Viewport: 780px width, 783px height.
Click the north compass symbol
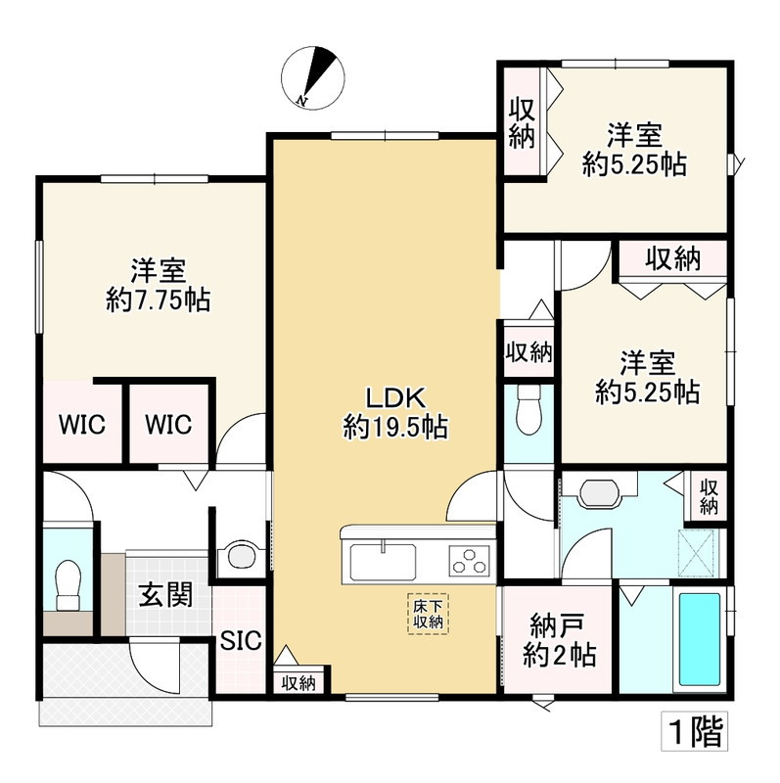click(x=313, y=78)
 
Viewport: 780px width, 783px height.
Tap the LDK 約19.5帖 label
click(x=395, y=412)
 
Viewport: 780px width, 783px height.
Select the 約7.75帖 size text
click(x=158, y=300)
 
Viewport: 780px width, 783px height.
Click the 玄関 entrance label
click(x=165, y=594)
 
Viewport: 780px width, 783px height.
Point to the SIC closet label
click(x=241, y=640)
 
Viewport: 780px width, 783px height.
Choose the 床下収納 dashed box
click(x=429, y=614)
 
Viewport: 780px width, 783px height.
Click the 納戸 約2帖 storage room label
click(x=559, y=640)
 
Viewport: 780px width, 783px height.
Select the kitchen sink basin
click(x=383, y=562)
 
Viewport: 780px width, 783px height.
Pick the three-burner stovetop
click(x=470, y=561)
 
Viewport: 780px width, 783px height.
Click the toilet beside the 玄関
click(x=68, y=584)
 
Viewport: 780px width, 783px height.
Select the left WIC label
click(x=82, y=425)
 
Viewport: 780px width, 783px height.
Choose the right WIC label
click(x=168, y=425)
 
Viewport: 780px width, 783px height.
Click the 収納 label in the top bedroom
click(x=522, y=123)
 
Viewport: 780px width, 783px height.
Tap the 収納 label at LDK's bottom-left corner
click(x=298, y=683)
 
